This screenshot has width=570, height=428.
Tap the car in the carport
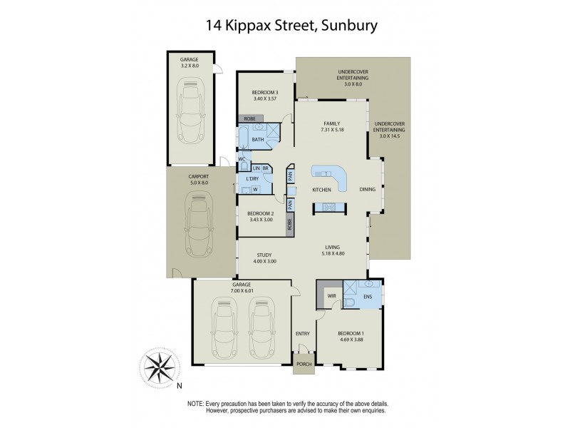point(199,227)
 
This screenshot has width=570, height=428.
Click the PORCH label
point(304,364)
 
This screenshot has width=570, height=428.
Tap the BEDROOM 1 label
point(349,333)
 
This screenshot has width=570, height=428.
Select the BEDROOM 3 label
point(265,92)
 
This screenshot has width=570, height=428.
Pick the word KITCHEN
point(323,190)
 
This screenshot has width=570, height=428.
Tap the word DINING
point(368,190)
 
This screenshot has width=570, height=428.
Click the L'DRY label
point(252,178)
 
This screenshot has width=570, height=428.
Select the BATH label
point(257,140)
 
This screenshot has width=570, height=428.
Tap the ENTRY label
point(303,333)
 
